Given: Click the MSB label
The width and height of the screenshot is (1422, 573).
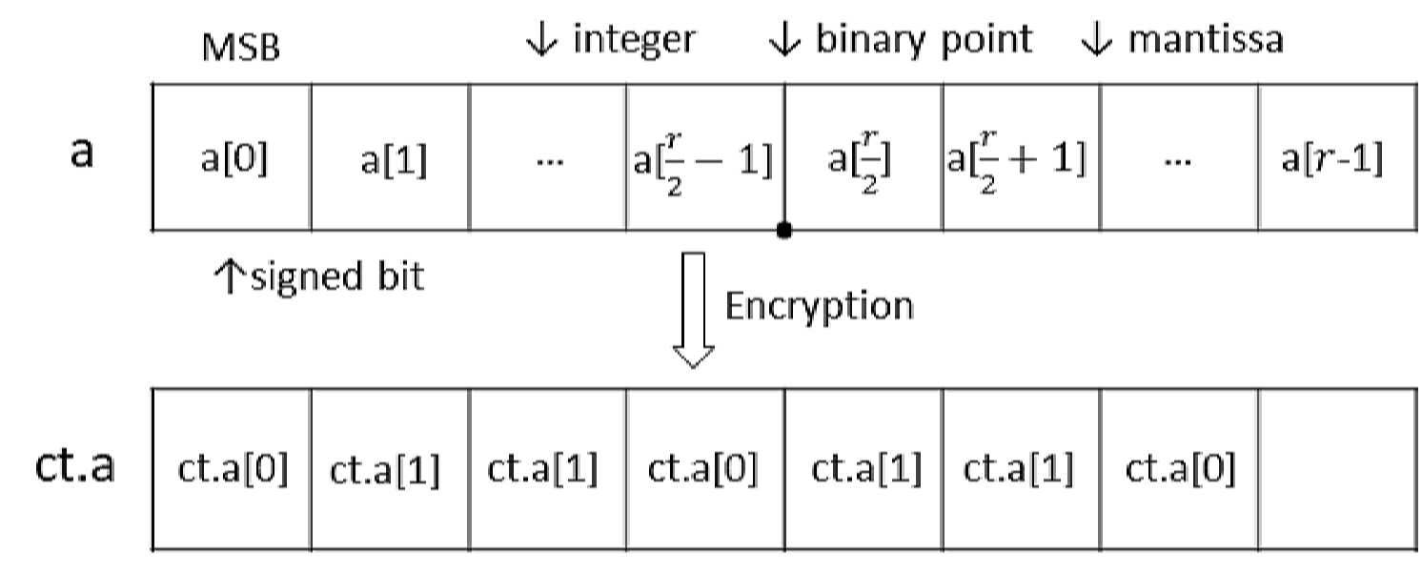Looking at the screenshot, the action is (240, 47).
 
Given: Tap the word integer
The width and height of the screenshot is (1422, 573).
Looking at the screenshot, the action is (634, 41).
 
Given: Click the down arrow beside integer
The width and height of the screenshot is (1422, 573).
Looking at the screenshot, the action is (541, 39).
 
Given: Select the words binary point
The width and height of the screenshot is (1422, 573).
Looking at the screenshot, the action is (924, 41).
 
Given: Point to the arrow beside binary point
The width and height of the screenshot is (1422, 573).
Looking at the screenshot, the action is (784, 39).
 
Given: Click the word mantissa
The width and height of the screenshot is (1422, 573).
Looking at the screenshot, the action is (1206, 39).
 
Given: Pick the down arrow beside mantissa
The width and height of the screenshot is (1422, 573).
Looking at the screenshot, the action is (1096, 39).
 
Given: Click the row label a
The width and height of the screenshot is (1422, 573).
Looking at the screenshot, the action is (82, 153).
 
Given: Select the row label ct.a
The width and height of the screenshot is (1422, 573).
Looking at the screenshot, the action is (75, 465).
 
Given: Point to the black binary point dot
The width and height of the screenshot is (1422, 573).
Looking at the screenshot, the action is (784, 230).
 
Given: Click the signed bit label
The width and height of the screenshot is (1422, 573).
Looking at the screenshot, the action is (337, 277).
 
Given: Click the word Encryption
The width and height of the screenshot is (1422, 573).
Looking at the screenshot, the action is (819, 307).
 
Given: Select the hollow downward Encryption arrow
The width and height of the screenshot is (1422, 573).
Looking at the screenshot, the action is (693, 311).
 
